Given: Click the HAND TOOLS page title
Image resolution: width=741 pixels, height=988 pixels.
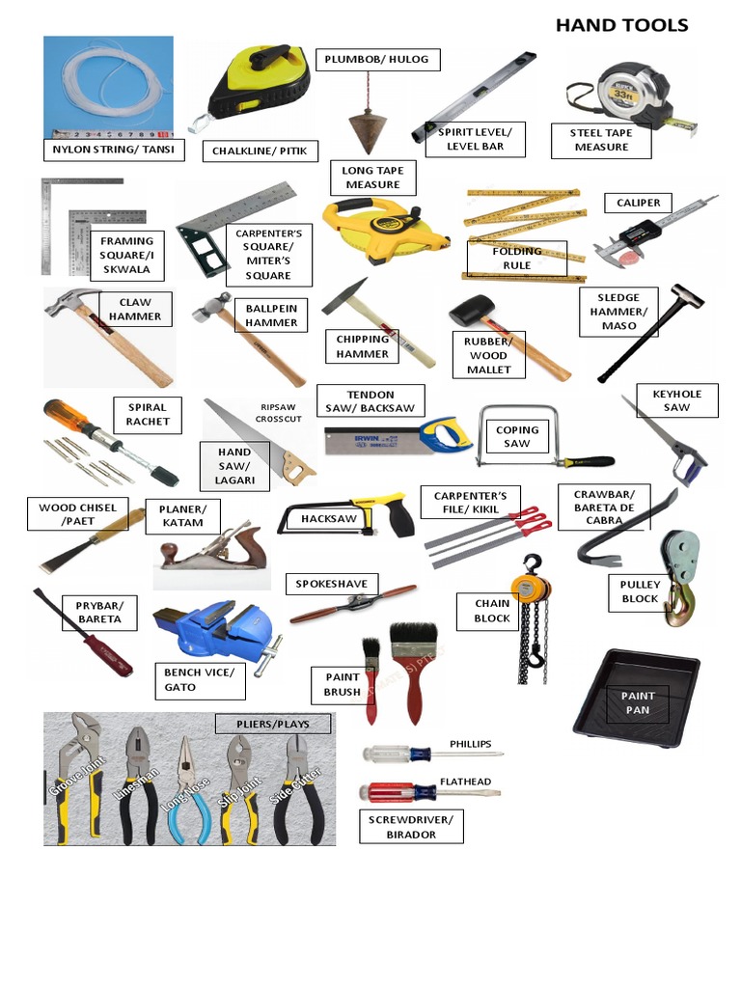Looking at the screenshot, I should point(621,25).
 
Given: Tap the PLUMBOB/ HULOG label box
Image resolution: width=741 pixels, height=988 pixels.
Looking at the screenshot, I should point(378,60).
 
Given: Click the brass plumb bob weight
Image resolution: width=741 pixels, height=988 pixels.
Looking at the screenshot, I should point(367,130).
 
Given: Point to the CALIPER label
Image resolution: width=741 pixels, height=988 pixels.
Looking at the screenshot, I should point(638,203).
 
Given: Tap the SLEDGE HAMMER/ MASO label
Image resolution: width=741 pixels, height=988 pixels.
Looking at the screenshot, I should point(618,311).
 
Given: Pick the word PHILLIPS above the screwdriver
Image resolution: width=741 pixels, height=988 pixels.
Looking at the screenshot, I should point(470,744).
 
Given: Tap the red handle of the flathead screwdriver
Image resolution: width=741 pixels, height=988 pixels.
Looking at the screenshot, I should point(388,793).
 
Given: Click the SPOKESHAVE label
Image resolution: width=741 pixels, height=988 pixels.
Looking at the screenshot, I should point(332,585).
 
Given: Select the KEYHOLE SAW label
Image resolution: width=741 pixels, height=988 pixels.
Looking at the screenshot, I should point(676,400).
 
